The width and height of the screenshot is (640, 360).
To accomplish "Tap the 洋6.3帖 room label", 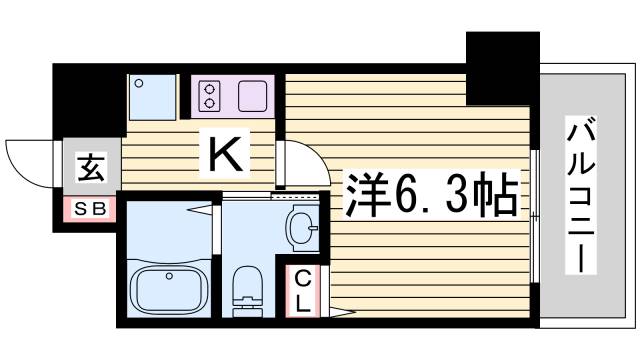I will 431,195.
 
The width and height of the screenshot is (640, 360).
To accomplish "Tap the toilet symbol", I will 243,291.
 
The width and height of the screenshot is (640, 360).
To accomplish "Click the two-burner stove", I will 209,97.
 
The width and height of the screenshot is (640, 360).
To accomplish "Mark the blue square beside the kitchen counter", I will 152,97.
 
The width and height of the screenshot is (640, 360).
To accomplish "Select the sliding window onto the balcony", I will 536,215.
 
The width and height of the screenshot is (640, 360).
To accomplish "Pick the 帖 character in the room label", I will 497,195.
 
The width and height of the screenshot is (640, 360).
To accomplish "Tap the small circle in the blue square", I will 140,84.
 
